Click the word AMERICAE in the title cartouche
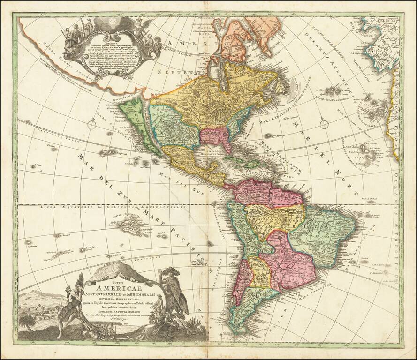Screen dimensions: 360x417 (123, 286)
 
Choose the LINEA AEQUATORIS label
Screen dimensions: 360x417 (57, 206)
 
